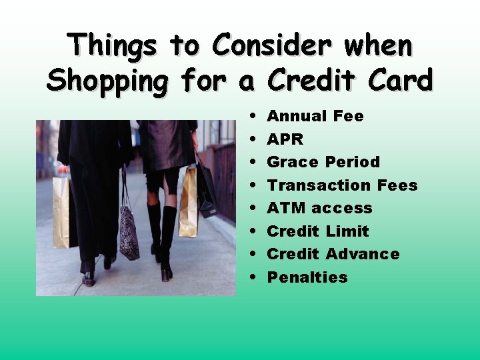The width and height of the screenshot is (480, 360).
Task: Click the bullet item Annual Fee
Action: click(315, 116)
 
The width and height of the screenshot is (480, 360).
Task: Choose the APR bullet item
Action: click(285, 139)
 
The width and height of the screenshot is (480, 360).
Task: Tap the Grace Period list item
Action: click(323, 162)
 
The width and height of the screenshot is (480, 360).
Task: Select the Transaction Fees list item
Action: click(342, 185)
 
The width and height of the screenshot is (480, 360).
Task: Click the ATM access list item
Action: click(319, 208)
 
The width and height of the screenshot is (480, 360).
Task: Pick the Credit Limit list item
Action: click(318, 231)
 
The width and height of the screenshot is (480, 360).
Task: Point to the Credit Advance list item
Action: click(333, 254)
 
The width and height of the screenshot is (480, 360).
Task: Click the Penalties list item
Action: click(307, 277)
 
